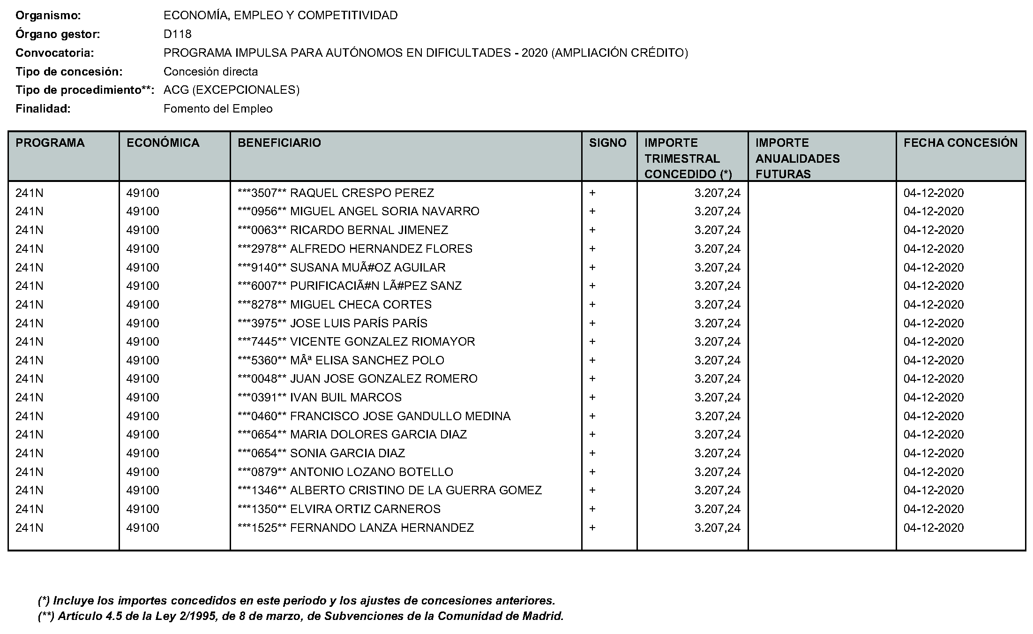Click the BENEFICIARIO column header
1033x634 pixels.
(x=279, y=143)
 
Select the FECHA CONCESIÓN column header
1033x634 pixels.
(x=960, y=143)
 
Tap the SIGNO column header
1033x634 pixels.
(x=607, y=143)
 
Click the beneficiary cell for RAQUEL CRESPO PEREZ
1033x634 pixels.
(x=336, y=193)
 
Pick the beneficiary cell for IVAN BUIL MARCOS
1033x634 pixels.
(x=320, y=397)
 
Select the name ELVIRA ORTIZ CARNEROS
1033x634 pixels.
(x=365, y=509)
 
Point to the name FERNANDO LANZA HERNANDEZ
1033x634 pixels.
(x=382, y=528)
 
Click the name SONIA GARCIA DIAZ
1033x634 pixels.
(x=347, y=453)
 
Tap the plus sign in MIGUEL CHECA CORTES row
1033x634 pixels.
(x=592, y=304)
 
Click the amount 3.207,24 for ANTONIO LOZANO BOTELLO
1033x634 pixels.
(x=717, y=472)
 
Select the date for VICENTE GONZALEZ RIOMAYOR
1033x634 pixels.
(x=933, y=341)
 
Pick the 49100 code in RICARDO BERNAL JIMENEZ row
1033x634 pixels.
(x=142, y=230)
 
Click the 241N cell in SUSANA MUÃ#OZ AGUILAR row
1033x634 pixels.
(x=29, y=267)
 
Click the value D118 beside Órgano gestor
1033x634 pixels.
(x=177, y=34)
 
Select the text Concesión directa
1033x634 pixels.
(x=210, y=72)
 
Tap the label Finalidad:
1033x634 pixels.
(x=43, y=109)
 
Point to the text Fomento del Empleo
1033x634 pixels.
(x=218, y=109)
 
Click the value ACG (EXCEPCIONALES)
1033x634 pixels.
(x=231, y=90)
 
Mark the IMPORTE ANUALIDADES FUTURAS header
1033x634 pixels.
(x=797, y=158)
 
